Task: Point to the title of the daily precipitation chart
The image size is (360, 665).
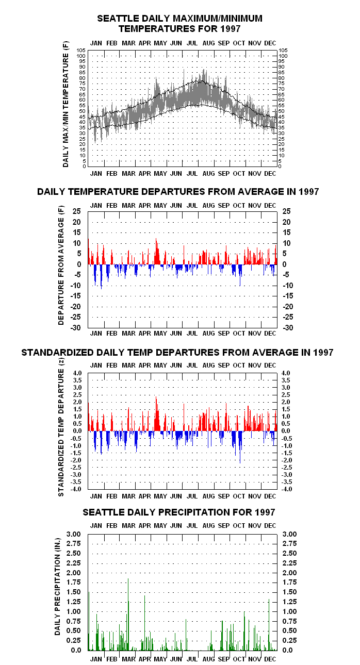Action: pos(179,512)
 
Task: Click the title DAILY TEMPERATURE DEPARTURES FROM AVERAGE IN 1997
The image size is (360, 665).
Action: pos(178,192)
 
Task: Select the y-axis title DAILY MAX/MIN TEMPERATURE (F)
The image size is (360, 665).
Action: pos(66,104)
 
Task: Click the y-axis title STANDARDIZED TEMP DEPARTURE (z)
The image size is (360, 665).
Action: pos(61,427)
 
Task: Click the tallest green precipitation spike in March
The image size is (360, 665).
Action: pos(128,614)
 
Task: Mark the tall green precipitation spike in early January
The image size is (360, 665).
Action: pos(89,621)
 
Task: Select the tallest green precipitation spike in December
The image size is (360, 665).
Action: pos(269,625)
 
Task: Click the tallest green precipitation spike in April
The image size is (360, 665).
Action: pos(144,623)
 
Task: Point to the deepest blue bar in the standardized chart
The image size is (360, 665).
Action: pos(240,447)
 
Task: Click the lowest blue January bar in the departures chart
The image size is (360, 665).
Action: pos(101,277)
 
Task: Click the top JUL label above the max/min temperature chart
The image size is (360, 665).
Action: pos(192,43)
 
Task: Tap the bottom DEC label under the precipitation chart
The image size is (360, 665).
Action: pos(270,659)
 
